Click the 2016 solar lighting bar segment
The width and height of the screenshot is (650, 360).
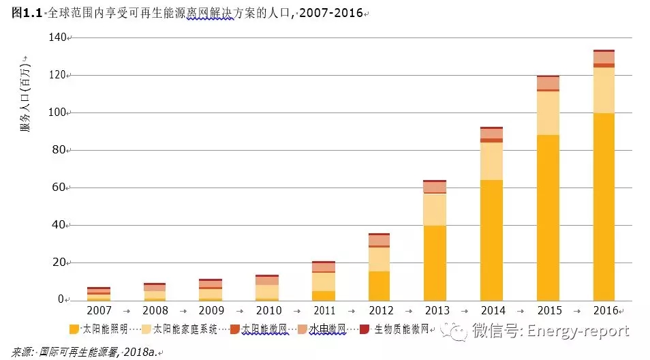(x=604, y=206)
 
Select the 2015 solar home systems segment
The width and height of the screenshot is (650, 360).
(x=548, y=112)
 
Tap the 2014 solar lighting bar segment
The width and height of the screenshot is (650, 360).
(x=491, y=239)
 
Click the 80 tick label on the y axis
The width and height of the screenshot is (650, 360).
(x=59, y=150)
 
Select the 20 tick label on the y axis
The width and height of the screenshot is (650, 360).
(x=59, y=262)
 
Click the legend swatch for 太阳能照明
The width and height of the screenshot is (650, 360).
(x=74, y=330)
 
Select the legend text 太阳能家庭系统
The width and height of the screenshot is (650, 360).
(x=185, y=330)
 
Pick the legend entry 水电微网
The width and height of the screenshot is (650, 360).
(x=327, y=330)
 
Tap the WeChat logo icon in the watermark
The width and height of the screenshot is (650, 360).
(x=455, y=331)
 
